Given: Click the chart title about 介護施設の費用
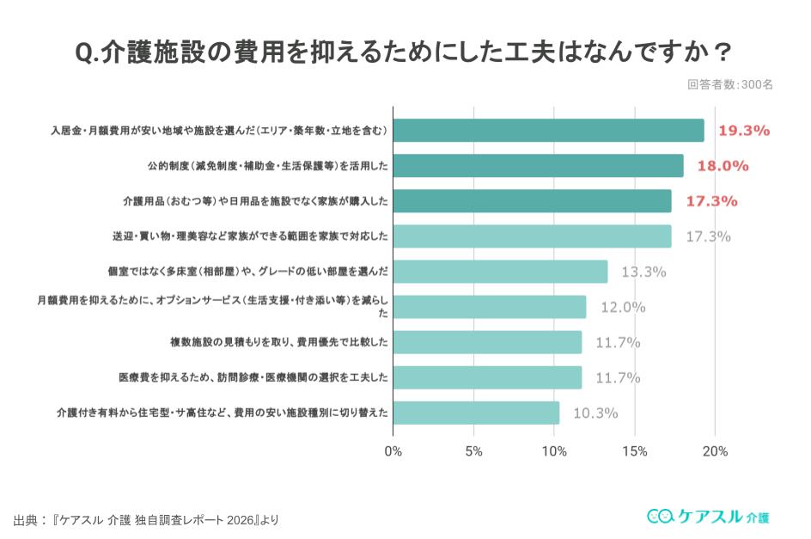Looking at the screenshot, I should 405,52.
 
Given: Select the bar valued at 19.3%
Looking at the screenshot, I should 548,131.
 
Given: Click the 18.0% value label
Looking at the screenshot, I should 723,166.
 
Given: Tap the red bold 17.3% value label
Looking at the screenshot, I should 711,201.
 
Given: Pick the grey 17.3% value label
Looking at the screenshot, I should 708,236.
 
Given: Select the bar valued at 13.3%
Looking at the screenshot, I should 500,272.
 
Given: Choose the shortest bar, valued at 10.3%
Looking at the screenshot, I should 476,413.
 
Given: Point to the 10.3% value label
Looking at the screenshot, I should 595,413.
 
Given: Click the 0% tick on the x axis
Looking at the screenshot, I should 393,451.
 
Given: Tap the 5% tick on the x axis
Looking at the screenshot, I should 473,451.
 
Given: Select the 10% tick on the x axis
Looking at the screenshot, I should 554,451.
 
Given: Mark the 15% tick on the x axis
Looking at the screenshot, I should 634,451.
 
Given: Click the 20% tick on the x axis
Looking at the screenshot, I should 715,451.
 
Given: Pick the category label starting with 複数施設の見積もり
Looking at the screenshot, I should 279,342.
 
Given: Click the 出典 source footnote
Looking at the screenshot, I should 146,519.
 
